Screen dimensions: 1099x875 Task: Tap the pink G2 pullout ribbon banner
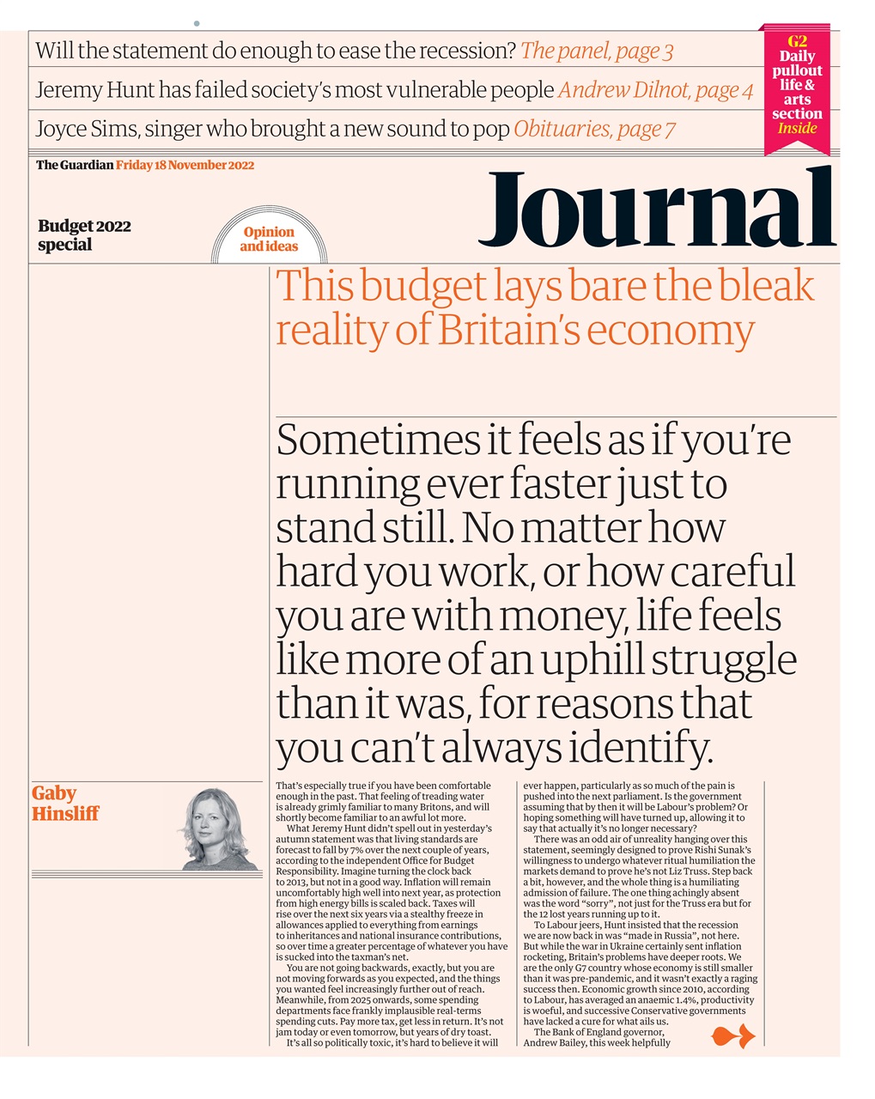[x=796, y=86]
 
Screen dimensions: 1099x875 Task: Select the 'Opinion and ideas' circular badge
[x=269, y=239]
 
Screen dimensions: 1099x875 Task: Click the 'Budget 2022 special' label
[x=84, y=235]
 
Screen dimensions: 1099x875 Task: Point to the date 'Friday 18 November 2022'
[x=185, y=165]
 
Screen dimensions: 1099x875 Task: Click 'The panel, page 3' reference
[x=597, y=51]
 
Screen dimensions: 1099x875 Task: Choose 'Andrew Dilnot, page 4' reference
[x=655, y=90]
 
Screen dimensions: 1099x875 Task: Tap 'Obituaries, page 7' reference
[x=594, y=130]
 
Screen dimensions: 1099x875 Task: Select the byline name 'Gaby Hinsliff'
[x=65, y=803]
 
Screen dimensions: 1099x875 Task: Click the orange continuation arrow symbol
[x=733, y=1038]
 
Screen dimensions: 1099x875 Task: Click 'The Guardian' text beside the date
[x=75, y=165]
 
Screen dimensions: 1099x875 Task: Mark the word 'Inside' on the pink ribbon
[x=797, y=129]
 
